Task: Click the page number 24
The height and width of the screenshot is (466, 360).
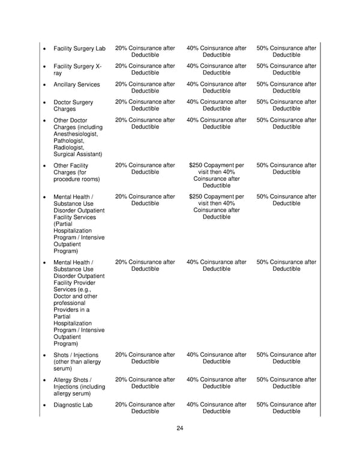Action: tap(180, 428)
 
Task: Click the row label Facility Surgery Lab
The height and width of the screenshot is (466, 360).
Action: tap(79, 48)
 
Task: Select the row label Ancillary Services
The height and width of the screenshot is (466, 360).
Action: tap(77, 85)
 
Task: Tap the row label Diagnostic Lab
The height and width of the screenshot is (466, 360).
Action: tap(73, 404)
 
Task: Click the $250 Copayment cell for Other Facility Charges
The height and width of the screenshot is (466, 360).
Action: tap(216, 175)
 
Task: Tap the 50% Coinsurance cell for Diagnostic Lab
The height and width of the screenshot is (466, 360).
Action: tap(286, 408)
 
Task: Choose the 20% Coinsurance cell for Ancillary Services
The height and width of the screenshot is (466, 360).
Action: tap(145, 88)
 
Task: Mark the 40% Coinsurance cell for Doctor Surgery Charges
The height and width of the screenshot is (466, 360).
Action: tap(216, 106)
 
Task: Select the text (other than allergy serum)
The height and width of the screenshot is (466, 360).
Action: tap(77, 365)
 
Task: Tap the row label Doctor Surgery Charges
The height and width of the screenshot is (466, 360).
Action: tap(73, 106)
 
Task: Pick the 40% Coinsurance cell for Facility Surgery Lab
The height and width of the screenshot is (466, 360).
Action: tap(216, 52)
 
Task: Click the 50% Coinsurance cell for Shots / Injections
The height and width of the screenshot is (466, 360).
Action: tap(286, 358)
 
